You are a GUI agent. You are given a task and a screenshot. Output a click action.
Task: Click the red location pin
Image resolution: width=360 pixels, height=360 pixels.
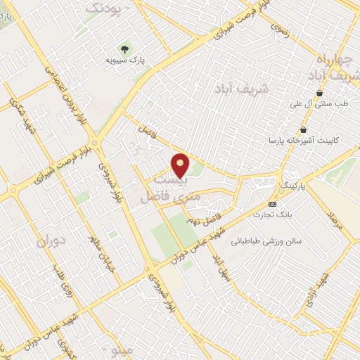[x=181, y=165]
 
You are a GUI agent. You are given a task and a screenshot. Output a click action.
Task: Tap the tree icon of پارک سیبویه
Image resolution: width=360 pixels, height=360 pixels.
[x=124, y=49]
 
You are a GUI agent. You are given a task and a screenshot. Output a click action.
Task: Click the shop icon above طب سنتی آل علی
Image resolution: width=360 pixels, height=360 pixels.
[x=320, y=93]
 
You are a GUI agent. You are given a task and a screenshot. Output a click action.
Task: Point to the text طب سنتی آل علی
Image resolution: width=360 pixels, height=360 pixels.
[x=321, y=104]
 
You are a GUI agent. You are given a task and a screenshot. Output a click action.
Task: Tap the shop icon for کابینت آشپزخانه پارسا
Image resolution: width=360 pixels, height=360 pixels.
[x=303, y=129]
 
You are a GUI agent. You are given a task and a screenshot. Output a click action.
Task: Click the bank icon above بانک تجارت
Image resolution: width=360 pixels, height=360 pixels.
[x=272, y=204]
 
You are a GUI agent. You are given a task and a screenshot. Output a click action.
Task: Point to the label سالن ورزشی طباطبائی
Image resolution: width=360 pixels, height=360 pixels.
[x=271, y=240]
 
